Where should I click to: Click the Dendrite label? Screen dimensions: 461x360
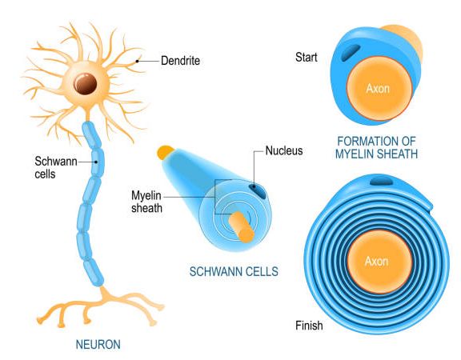coord(180,61)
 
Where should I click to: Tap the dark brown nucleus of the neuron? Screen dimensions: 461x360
coord(86,83)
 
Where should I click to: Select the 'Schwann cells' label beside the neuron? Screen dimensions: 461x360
coord(56,167)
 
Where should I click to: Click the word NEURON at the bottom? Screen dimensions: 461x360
coord(98,345)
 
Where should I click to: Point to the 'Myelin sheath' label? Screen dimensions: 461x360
coord(146,202)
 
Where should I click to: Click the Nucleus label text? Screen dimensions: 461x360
coord(284,150)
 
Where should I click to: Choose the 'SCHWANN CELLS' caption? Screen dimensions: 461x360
coord(234,271)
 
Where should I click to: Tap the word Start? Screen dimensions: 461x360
coord(307,57)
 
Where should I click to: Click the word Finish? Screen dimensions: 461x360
coord(309,326)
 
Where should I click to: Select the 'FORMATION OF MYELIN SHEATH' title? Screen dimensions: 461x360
coord(377,147)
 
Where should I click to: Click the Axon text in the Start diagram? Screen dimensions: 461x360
coord(378,88)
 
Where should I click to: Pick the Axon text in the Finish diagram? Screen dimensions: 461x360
coord(377,261)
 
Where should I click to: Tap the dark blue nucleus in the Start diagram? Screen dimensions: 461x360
coord(351,52)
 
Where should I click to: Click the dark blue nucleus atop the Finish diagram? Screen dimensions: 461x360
coord(381,181)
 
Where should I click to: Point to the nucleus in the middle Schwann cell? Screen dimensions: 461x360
coord(257,191)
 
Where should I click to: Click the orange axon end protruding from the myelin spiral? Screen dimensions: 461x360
coord(242,227)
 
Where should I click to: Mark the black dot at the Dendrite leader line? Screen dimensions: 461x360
coord(137,61)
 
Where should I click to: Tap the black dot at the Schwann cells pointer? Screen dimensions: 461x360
coord(96,162)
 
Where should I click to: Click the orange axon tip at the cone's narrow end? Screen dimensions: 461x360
coord(165,152)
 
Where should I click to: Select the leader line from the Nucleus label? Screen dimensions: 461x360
coord(255,168)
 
